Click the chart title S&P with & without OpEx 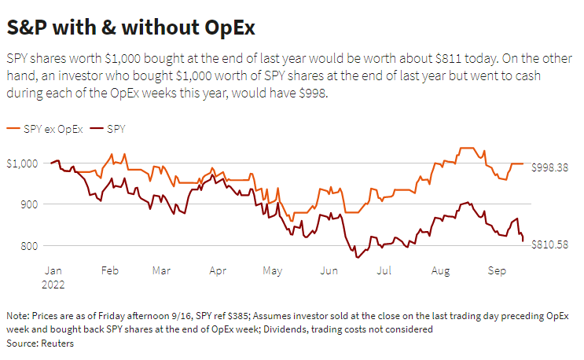130,28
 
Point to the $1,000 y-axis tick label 22,163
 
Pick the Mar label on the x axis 161,270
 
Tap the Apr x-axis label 218,270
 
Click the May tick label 273,270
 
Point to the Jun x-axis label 329,270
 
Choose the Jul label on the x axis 384,270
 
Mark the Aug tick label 440,270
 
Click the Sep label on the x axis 496,270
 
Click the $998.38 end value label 551,167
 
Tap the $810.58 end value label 551,245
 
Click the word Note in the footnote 17,315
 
